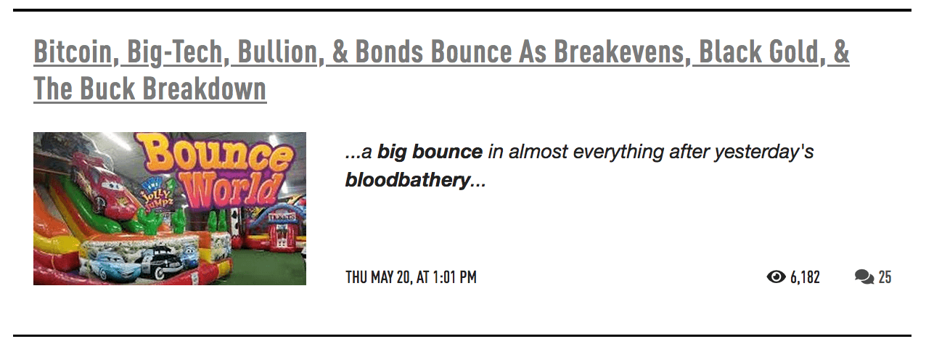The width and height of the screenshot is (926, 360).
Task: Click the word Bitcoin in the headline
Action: coord(73,52)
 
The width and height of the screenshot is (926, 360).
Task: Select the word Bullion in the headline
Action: coord(277,52)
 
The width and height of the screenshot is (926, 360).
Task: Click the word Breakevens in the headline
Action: coord(618,52)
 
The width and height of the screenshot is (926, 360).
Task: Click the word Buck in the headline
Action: coord(107,89)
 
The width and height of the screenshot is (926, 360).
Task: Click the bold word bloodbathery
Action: coord(408,180)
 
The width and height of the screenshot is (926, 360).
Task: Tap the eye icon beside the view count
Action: coord(776,277)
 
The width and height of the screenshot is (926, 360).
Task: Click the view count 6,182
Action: coord(805,277)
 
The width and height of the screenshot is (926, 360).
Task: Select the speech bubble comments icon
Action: coord(864,277)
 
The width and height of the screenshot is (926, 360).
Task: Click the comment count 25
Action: coord(885,277)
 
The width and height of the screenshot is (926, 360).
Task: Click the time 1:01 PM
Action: coord(455,277)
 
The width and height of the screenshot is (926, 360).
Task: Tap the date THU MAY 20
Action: coord(378,277)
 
